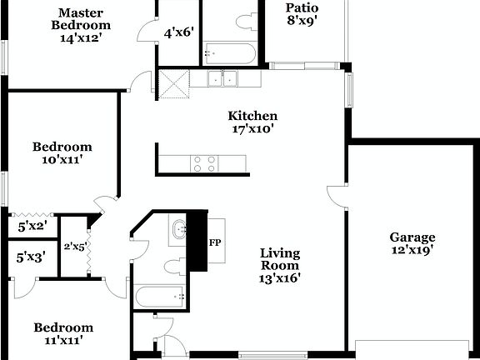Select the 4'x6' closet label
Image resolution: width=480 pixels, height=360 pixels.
click(178, 32)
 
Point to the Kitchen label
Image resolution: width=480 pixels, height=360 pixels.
click(253, 116)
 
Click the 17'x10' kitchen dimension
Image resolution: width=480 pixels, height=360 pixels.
click(253, 129)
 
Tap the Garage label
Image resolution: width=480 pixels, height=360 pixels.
click(412, 236)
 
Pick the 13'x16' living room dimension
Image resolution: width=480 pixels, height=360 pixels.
click(280, 278)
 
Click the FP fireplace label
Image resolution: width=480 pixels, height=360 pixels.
click(215, 242)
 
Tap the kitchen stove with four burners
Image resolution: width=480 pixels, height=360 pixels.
click(204, 163)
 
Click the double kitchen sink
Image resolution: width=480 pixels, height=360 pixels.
click(222, 80)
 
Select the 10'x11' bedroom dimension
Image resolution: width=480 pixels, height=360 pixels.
click(62, 160)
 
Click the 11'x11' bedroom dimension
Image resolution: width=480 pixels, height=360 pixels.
click(63, 340)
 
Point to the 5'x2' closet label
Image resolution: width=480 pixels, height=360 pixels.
click(32, 225)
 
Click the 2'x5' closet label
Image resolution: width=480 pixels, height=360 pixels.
click(75, 247)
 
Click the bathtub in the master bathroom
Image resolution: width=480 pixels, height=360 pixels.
click(228, 54)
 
